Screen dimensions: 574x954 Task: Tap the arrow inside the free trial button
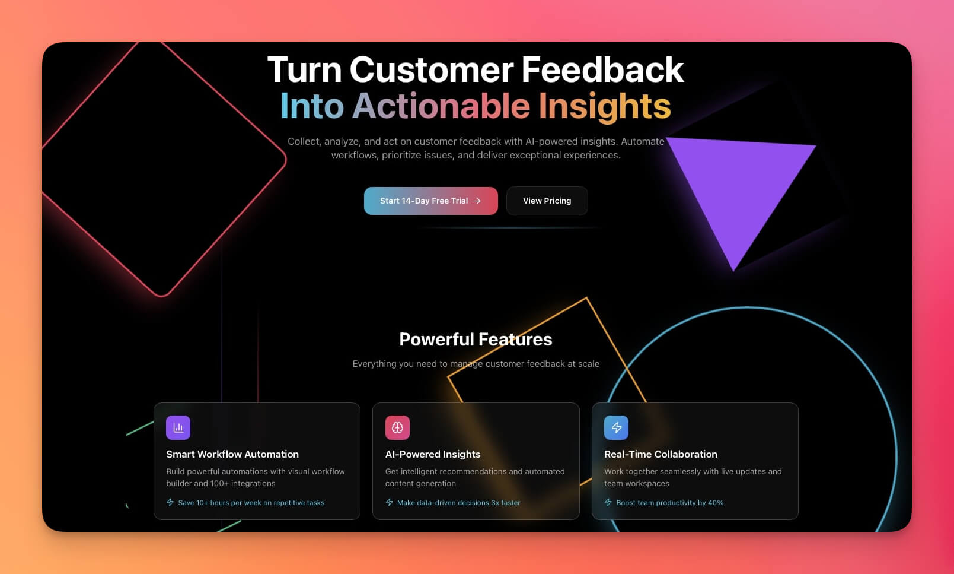pos(477,201)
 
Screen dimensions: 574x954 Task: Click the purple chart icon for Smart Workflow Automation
pos(178,427)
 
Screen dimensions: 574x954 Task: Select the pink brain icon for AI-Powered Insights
pos(397,427)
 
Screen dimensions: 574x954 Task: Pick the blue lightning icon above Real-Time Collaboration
pos(616,427)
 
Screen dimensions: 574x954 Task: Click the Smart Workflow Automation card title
pos(232,454)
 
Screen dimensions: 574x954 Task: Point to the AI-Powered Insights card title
pos(433,454)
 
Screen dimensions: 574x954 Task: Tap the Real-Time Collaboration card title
pos(661,454)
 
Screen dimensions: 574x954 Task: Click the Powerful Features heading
pos(476,340)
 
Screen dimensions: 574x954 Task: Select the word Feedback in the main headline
pos(602,70)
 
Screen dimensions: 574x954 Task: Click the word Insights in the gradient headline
pos(605,106)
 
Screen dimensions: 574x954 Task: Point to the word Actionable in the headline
pos(441,106)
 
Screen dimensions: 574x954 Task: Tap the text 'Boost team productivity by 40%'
pos(669,503)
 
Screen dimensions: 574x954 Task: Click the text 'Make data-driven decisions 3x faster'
pos(458,503)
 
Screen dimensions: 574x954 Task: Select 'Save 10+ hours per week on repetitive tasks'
pos(251,503)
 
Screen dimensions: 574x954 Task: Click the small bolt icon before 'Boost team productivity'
pos(608,502)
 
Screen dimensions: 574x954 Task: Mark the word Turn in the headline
pos(304,70)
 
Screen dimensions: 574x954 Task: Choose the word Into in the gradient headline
pos(312,106)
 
